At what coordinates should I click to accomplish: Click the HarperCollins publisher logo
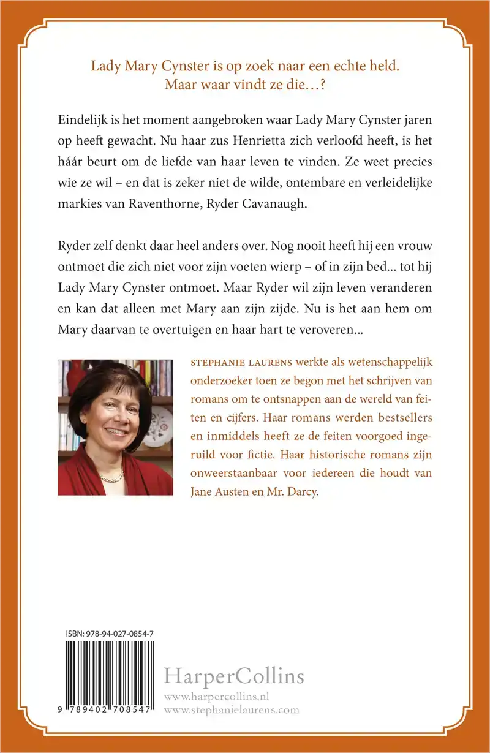coord(234,677)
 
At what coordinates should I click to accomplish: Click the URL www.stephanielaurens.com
coord(232,710)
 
